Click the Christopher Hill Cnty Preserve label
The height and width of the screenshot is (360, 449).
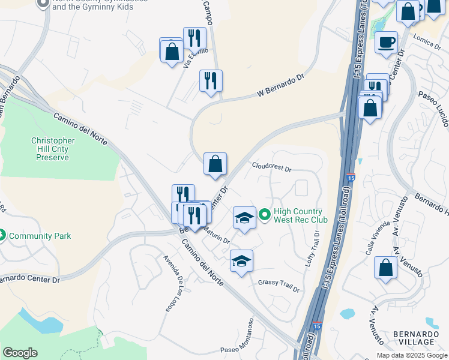pos(53,149)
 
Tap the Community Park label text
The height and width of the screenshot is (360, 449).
pos(40,236)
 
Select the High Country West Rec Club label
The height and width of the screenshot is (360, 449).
pos(298,215)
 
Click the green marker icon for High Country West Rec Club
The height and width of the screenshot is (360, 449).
pos(264,214)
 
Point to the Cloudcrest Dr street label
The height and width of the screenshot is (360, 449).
pos(271,167)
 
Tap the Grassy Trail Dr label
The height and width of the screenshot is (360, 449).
pos(279,286)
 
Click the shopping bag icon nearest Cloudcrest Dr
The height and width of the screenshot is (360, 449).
pos(215,163)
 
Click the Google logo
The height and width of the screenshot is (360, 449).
pos(20,353)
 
